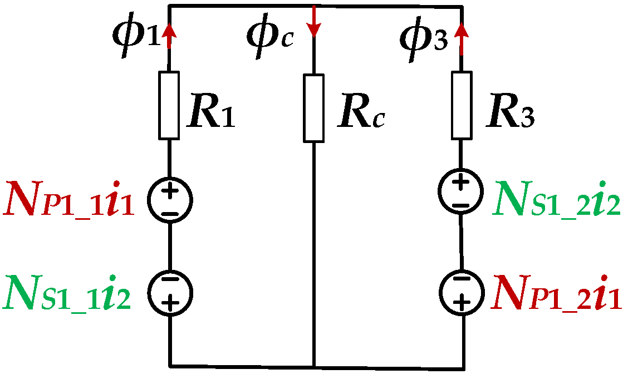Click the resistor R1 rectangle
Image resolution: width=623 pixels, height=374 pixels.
pos(169,105)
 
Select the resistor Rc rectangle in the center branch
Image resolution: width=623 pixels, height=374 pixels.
pos(314,108)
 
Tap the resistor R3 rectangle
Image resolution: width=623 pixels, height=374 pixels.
pos(461,105)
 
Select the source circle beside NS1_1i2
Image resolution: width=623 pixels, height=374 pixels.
pos(170,291)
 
